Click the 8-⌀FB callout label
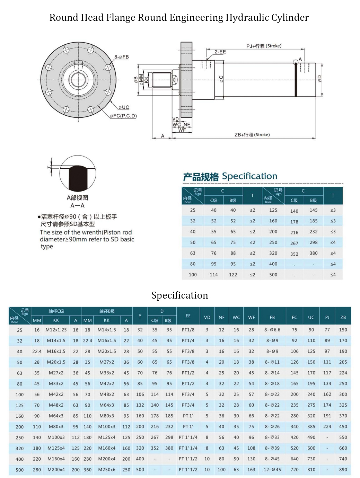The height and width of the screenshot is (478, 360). [x=121, y=57]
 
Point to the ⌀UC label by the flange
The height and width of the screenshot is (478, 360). [x=124, y=107]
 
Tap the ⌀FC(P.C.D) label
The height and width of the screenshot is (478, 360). [x=123, y=116]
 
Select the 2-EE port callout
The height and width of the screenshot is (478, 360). [x=220, y=52]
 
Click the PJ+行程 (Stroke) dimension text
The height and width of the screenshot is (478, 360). [x=264, y=46]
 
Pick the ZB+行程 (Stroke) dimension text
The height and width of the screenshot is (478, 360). [x=252, y=135]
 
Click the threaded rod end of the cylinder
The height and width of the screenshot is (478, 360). [x=162, y=80]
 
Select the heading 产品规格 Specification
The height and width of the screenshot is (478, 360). [x=230, y=177]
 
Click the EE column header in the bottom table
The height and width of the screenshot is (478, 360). [x=188, y=316]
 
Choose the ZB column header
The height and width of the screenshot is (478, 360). [x=343, y=317]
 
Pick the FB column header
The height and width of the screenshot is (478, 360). [x=272, y=317]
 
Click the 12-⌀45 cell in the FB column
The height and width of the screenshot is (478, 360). [x=272, y=470]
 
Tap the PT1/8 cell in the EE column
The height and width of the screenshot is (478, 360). [x=188, y=330]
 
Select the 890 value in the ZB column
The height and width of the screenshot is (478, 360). [x=343, y=470]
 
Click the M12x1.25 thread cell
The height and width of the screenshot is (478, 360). [x=56, y=330]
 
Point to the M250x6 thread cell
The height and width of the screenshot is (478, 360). [x=107, y=470]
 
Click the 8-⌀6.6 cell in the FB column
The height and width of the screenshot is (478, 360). [x=272, y=330]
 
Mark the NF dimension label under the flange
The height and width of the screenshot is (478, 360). [x=187, y=125]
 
